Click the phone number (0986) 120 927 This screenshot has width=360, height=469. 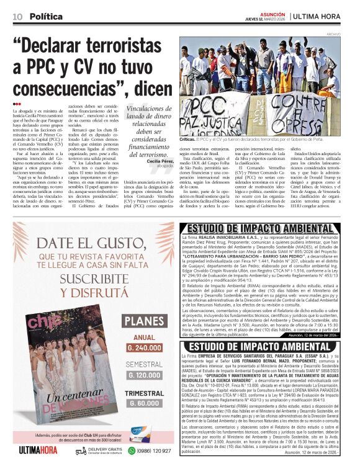154,451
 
